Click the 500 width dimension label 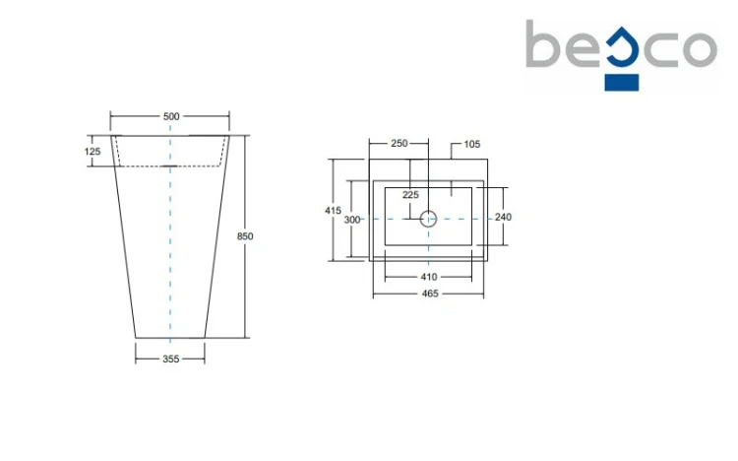171,116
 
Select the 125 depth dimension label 92,152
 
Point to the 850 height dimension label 245,236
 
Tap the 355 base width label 170,359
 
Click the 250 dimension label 400,143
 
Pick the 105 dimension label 472,144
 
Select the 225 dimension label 410,195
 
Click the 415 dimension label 333,210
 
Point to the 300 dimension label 352,220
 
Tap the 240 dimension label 503,217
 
